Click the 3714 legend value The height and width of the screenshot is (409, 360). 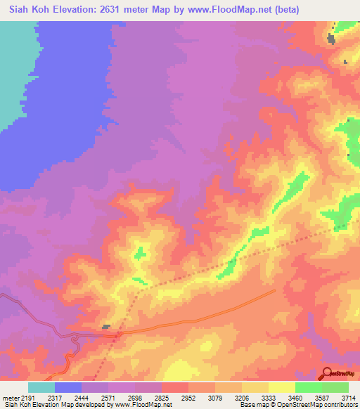pyautogui.click(x=348, y=398)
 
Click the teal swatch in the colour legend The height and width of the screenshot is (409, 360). pyautogui.click(x=41, y=387)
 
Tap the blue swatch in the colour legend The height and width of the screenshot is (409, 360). pyautogui.click(x=68, y=387)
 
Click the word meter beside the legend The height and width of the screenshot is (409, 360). pyautogui.click(x=9, y=398)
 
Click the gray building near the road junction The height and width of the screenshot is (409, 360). pyautogui.click(x=106, y=326)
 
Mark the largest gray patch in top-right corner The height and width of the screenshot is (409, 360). pyautogui.click(x=331, y=39)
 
